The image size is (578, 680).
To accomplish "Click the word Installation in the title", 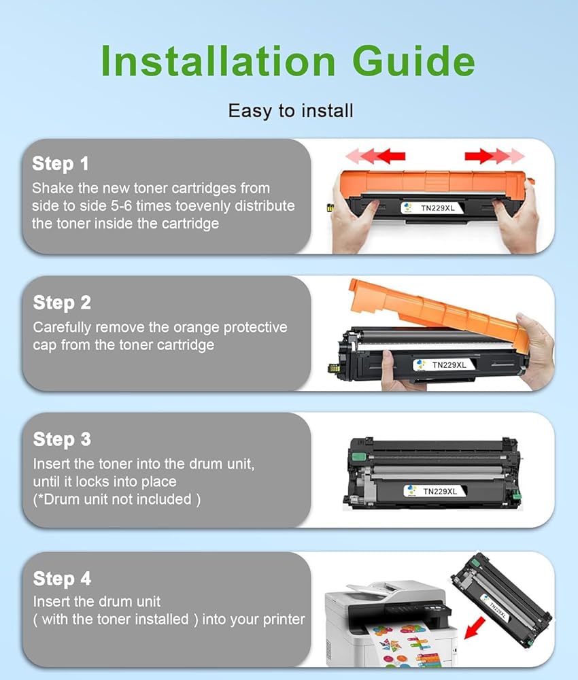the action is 218,61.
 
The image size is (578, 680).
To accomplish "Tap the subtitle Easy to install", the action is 290,111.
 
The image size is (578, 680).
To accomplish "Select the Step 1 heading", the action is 61,164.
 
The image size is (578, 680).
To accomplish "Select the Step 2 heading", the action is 62,303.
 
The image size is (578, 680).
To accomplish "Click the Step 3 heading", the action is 62,439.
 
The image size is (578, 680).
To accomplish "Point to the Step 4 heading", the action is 62,579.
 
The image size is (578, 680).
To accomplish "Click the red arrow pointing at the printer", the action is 475,628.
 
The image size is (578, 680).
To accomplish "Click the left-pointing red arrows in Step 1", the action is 375,156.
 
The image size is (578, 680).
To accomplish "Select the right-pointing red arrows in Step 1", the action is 495,156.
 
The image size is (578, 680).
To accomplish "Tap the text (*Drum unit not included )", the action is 117,499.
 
